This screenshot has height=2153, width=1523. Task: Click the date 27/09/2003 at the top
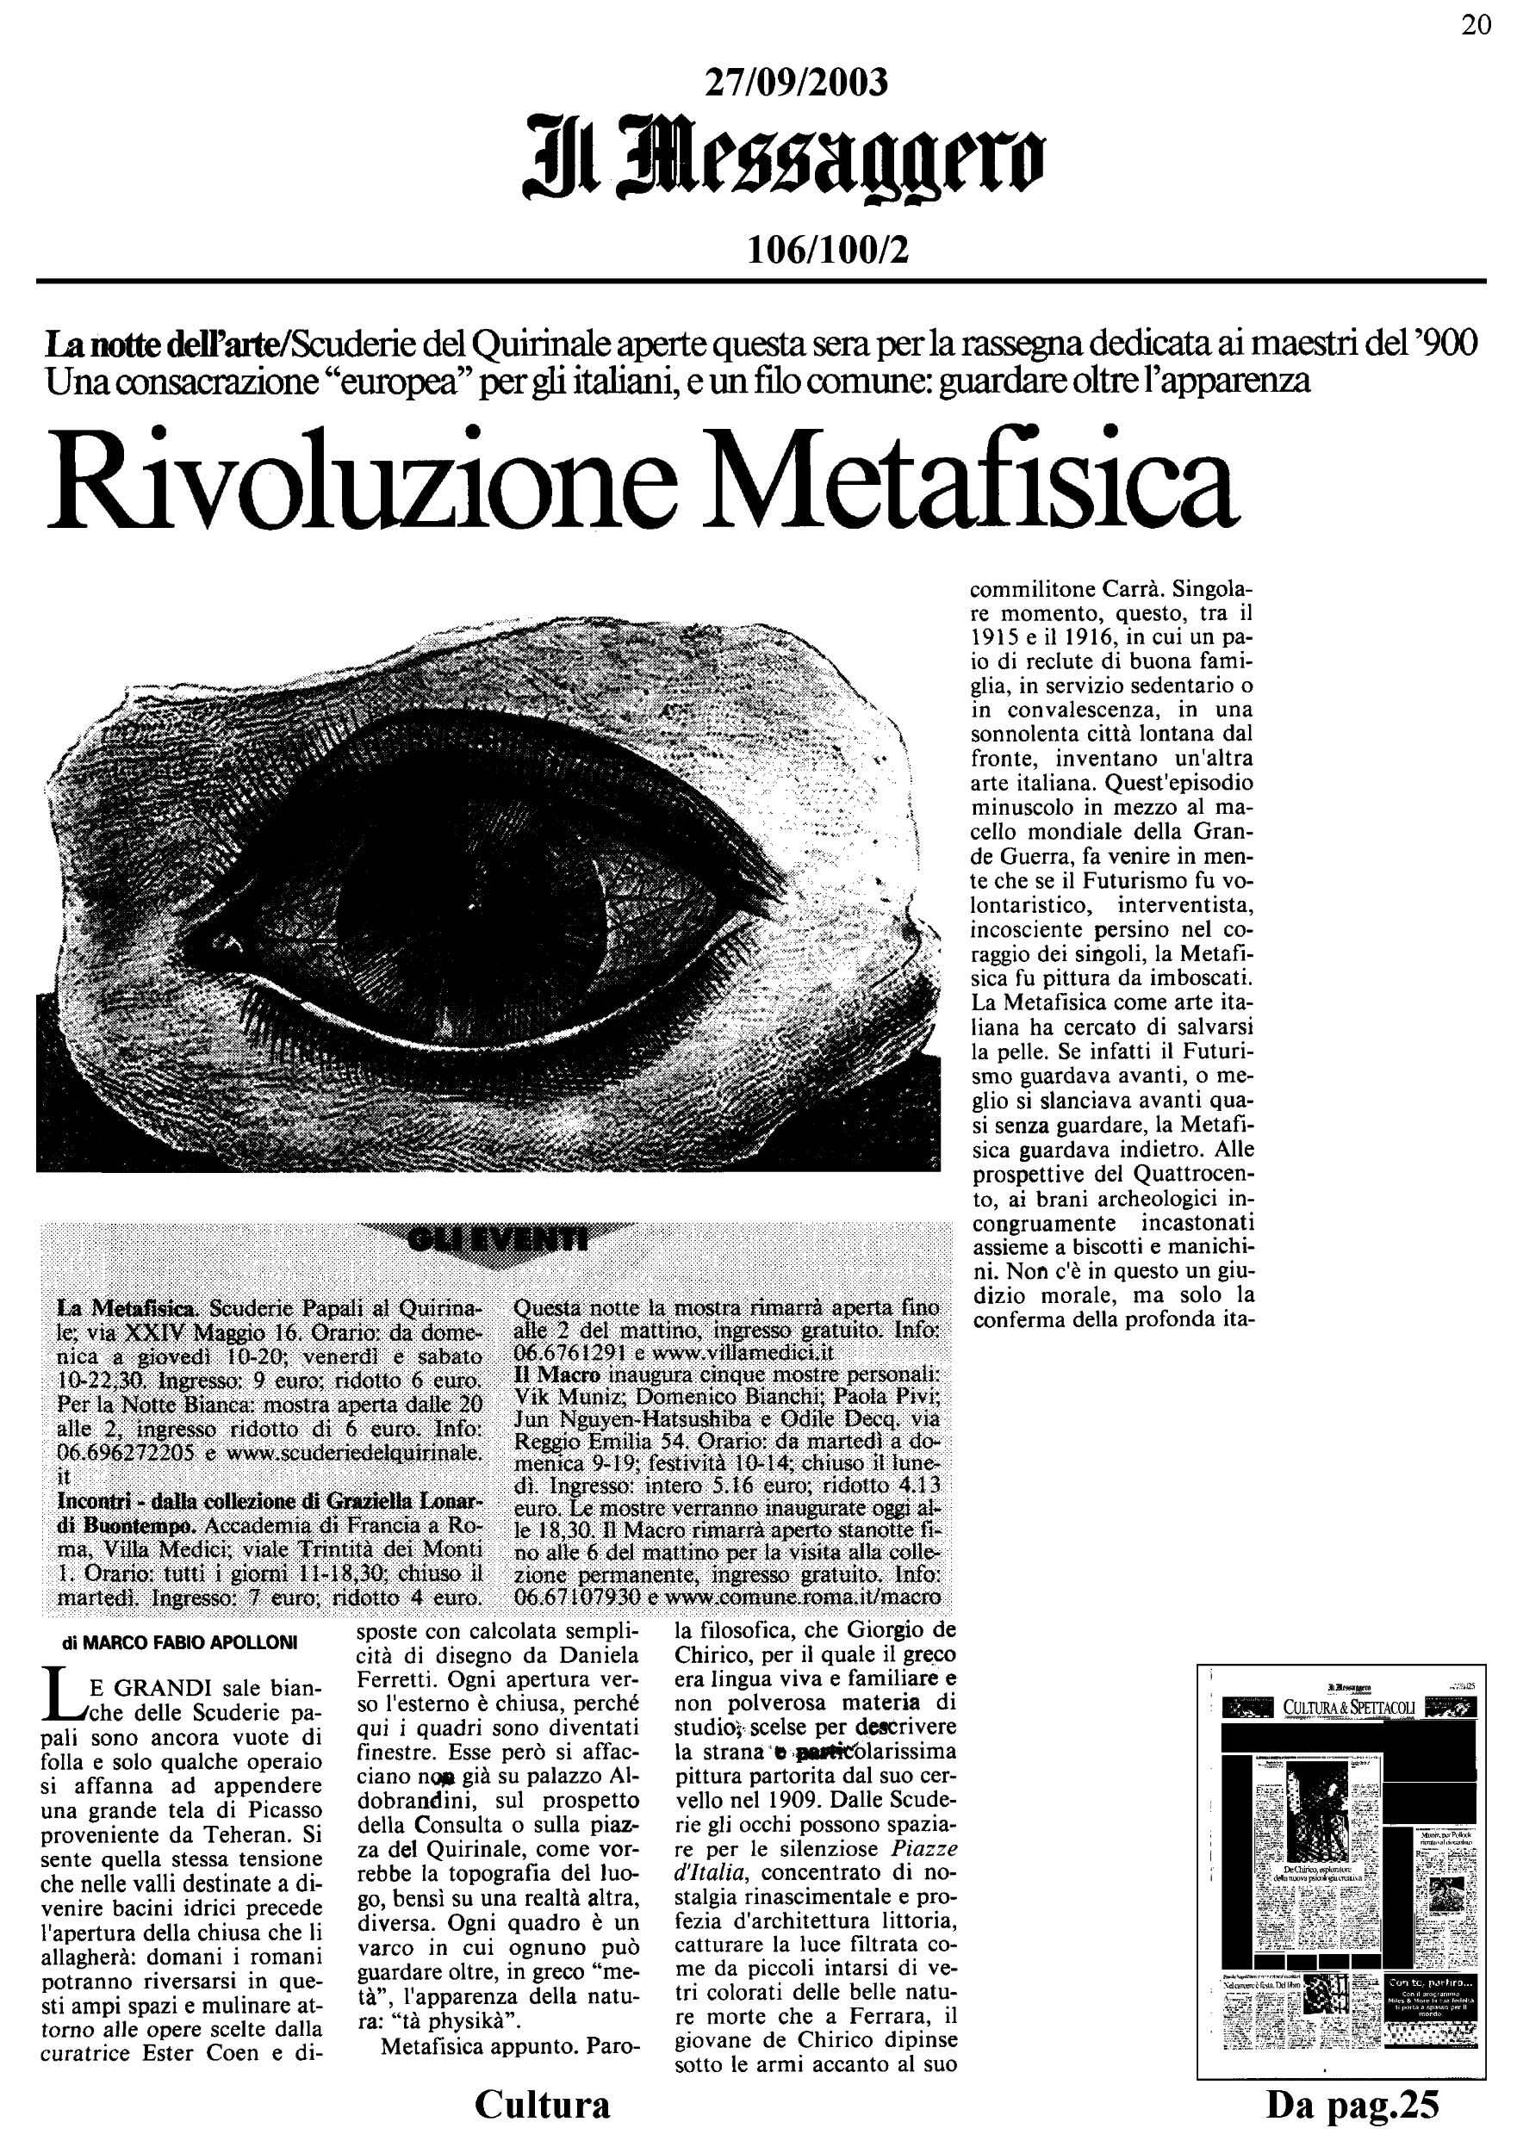[794, 84]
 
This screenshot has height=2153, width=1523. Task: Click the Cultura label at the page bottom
[542, 2104]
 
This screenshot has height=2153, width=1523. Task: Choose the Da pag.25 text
[1352, 2105]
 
